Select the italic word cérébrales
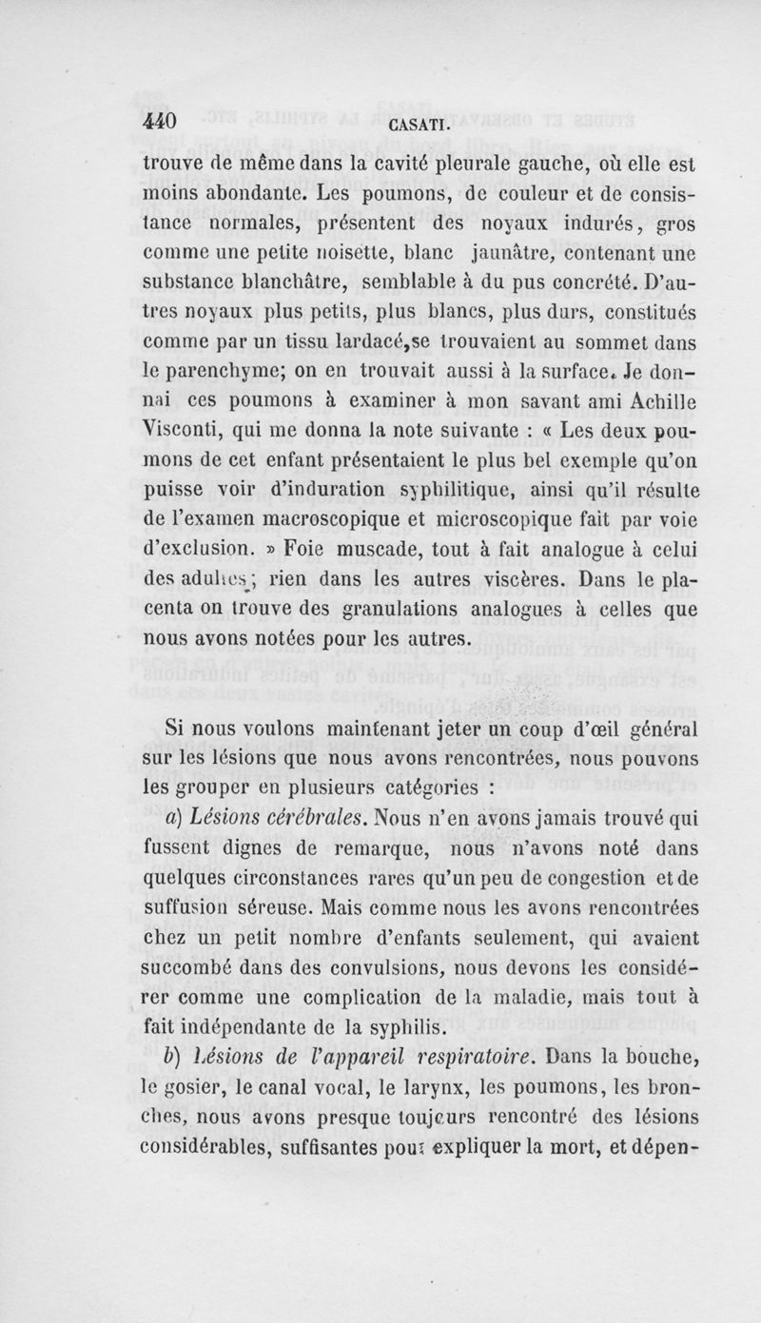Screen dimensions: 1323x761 click(293, 825)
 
